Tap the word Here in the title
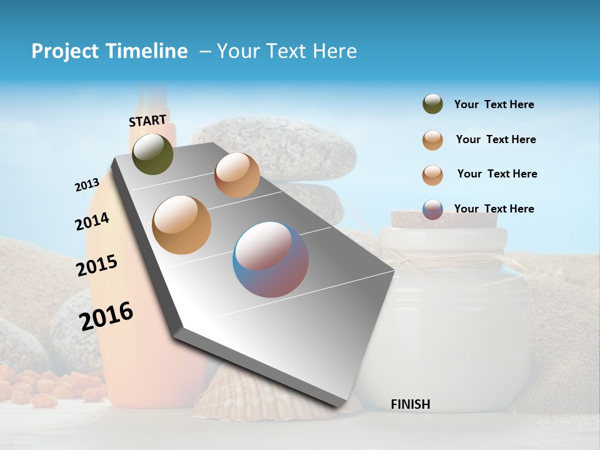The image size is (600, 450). click(x=335, y=51)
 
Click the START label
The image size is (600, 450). click(x=147, y=121)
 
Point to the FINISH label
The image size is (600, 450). click(x=410, y=404)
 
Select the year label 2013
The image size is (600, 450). click(x=87, y=185)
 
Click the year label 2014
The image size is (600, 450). click(x=92, y=222)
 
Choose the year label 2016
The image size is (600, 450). click(x=106, y=316)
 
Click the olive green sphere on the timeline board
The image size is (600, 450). click(x=152, y=154)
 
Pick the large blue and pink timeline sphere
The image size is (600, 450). click(x=271, y=259)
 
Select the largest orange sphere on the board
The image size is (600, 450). click(x=182, y=224)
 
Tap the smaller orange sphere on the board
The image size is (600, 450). click(x=237, y=175)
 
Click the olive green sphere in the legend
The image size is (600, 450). click(x=432, y=104)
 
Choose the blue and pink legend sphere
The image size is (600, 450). click(x=432, y=209)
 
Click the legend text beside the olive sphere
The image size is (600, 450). click(x=494, y=105)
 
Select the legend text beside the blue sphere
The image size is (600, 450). click(x=494, y=209)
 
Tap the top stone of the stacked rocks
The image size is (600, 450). click(x=275, y=150)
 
